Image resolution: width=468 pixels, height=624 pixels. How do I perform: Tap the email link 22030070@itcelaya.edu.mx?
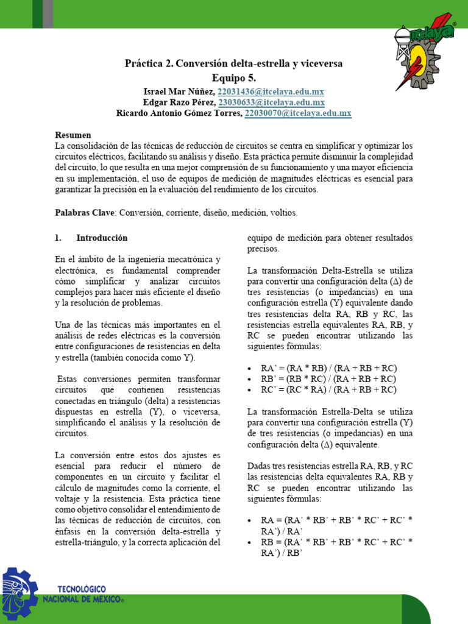pyautogui.click(x=298, y=113)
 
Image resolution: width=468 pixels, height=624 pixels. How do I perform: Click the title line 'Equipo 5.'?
pyautogui.click(x=234, y=77)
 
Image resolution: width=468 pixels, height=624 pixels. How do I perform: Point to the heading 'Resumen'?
pyautogui.click(x=73, y=135)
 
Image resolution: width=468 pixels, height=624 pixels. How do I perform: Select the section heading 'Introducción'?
pyautogui.click(x=102, y=238)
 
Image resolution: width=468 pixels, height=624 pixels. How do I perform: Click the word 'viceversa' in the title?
pyautogui.click(x=321, y=63)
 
